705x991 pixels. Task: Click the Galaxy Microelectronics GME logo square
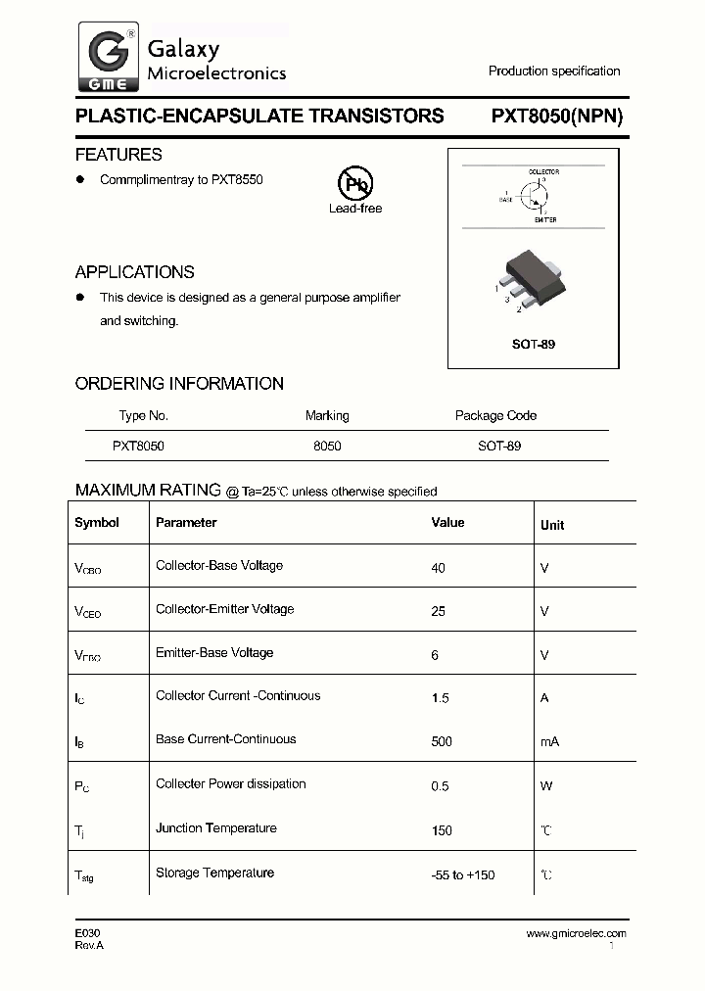point(108,57)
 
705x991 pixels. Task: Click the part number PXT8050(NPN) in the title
point(556,116)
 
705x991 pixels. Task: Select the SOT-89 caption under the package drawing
point(535,345)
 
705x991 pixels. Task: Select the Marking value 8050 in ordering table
point(327,446)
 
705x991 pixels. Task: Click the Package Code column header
point(495,415)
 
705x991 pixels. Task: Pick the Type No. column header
point(144,415)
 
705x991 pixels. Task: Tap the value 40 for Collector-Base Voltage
point(438,567)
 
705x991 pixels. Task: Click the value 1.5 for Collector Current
point(441,698)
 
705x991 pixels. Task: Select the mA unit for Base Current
point(549,741)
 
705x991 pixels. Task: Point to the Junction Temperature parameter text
point(215,828)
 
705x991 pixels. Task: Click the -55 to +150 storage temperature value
point(461,874)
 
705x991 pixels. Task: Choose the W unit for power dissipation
point(545,785)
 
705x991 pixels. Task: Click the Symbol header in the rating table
point(97,523)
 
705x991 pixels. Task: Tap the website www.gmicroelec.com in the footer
point(576,934)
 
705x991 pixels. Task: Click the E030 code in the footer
point(87,934)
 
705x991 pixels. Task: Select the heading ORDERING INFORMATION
point(179,384)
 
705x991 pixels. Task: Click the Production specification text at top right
point(554,71)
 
